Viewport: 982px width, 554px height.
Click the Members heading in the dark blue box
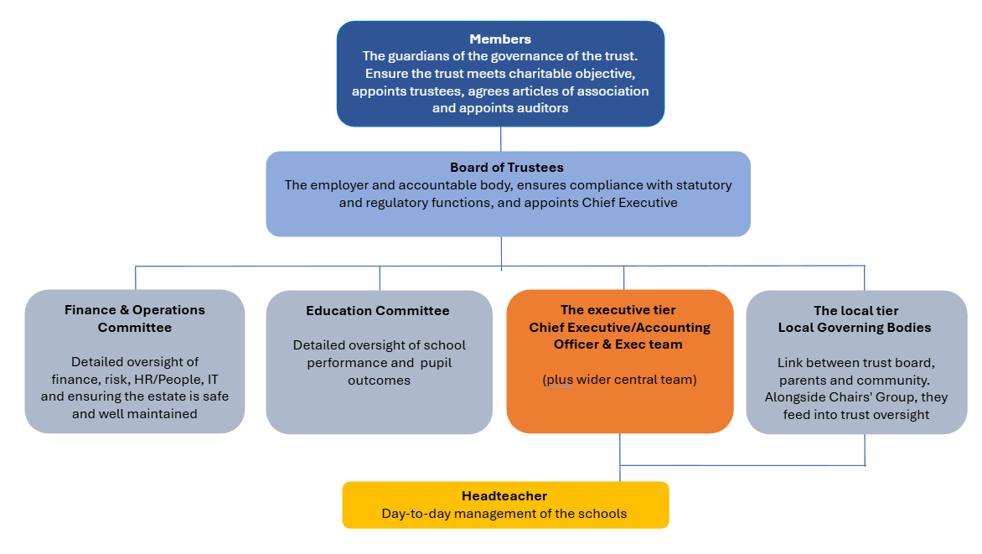click(x=500, y=39)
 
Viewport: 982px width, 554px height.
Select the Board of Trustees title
click(x=507, y=168)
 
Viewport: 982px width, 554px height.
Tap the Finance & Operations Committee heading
click(x=135, y=318)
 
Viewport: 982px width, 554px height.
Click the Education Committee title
click(x=378, y=311)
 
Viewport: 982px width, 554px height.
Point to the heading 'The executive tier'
click(x=618, y=309)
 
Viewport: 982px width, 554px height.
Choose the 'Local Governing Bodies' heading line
click(x=855, y=327)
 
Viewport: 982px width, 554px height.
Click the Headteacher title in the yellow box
click(x=504, y=495)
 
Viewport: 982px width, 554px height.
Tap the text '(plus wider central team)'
click(x=619, y=379)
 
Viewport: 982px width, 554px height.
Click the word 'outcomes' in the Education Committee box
click(x=379, y=381)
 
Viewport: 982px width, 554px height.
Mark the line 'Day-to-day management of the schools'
click(x=504, y=514)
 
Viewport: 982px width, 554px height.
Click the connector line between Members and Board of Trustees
click(x=500, y=139)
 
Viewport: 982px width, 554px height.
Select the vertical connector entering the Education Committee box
click(x=380, y=278)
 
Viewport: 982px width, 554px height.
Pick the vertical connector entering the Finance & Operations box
click(x=135, y=278)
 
